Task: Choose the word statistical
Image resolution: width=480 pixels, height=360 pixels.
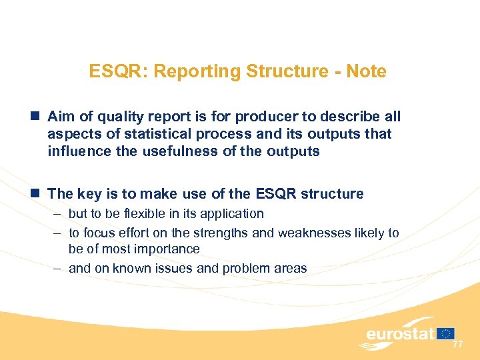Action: coord(162,134)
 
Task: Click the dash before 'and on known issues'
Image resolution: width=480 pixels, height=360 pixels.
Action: coord(57,268)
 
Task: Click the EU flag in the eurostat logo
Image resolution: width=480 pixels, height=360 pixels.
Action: coord(447,333)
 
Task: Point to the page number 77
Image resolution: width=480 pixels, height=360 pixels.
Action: coord(457,345)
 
